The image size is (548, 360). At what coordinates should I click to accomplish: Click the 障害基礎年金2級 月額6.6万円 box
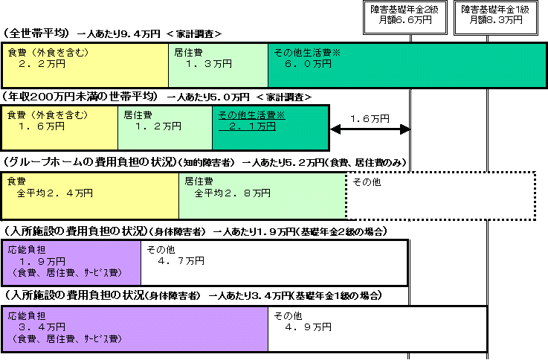pos(405,17)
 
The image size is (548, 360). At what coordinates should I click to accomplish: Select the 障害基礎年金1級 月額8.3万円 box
pos(495,17)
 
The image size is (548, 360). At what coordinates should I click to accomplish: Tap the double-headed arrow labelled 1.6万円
pos(370,129)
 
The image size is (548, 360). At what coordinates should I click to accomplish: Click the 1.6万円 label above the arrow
pos(370,119)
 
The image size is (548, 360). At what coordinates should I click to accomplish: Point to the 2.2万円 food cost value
pos(42,64)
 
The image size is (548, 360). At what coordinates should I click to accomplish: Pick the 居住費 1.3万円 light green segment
pos(218,65)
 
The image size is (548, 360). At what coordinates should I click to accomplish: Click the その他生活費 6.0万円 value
pos(308,64)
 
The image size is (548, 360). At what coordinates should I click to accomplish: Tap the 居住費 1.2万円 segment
pos(165,128)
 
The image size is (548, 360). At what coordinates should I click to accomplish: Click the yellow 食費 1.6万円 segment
pos(60,128)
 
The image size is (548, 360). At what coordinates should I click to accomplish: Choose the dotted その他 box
pos(441,196)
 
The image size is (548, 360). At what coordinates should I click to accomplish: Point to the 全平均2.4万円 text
pos(55,193)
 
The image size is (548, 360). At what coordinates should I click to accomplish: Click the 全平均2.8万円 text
pos(233,193)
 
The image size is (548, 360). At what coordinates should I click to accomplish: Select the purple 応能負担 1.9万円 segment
pos(71,263)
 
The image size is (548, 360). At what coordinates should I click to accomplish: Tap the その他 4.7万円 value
pos(181,261)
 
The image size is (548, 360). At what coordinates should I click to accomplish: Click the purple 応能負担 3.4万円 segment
pos(135,329)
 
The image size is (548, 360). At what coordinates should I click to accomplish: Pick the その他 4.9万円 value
pos(308,327)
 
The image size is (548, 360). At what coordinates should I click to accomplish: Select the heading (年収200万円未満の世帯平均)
pos(81,97)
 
